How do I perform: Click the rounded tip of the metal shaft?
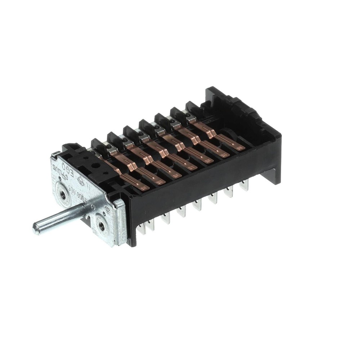36,229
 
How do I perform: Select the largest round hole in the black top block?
96,167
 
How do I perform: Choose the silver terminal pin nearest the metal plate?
150,225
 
